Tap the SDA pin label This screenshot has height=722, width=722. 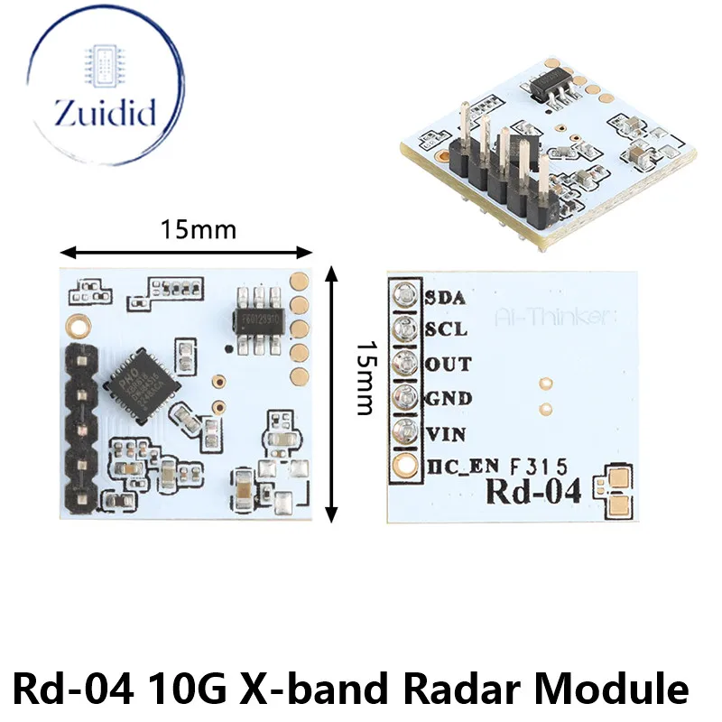[x=445, y=296]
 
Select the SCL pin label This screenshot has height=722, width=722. [x=445, y=329]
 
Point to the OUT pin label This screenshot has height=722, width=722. [x=447, y=364]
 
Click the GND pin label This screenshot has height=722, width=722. [x=447, y=398]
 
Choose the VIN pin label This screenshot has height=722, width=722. [x=445, y=433]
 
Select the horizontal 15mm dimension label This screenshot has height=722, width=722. [x=199, y=230]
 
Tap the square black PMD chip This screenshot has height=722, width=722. [x=143, y=384]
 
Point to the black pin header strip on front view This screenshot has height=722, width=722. [x=80, y=424]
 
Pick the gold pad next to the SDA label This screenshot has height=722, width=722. [x=403, y=295]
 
